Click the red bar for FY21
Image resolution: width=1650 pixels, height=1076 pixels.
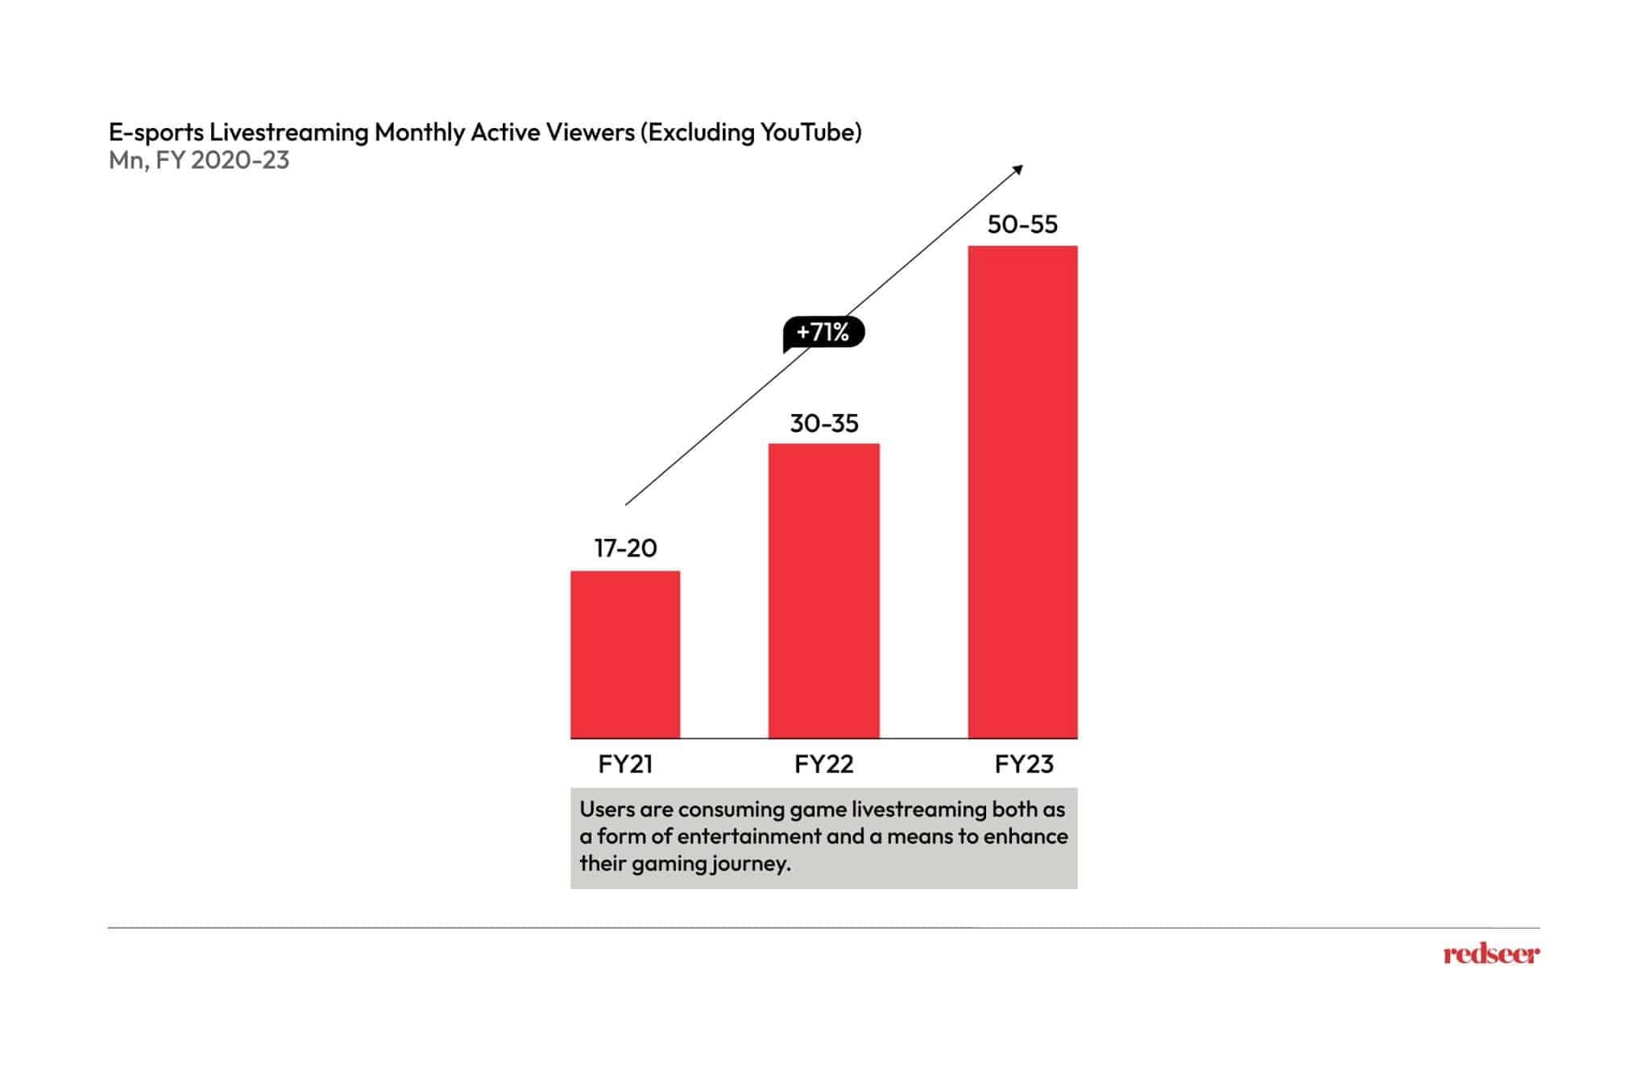click(x=625, y=654)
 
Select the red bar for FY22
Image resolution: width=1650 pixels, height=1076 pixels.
click(x=823, y=590)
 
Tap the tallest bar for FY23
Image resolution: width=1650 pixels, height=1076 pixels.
click(x=1022, y=491)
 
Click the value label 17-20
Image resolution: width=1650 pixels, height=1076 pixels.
click(x=625, y=548)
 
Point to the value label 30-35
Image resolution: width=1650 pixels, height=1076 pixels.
click(x=823, y=424)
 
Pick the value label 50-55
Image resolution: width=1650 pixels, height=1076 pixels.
click(x=1022, y=225)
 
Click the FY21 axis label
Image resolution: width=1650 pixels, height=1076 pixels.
click(x=625, y=764)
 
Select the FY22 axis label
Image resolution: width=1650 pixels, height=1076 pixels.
click(x=823, y=764)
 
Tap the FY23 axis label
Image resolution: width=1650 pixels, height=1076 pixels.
click(x=1023, y=764)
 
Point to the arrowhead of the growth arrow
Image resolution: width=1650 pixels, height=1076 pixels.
click(x=1018, y=169)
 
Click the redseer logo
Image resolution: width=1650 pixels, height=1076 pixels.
click(x=1490, y=954)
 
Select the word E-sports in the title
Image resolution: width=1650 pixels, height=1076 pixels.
click(x=155, y=132)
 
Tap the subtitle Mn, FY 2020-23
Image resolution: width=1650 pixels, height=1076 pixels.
click(x=199, y=160)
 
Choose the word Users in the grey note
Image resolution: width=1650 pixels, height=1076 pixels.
click(x=606, y=809)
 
